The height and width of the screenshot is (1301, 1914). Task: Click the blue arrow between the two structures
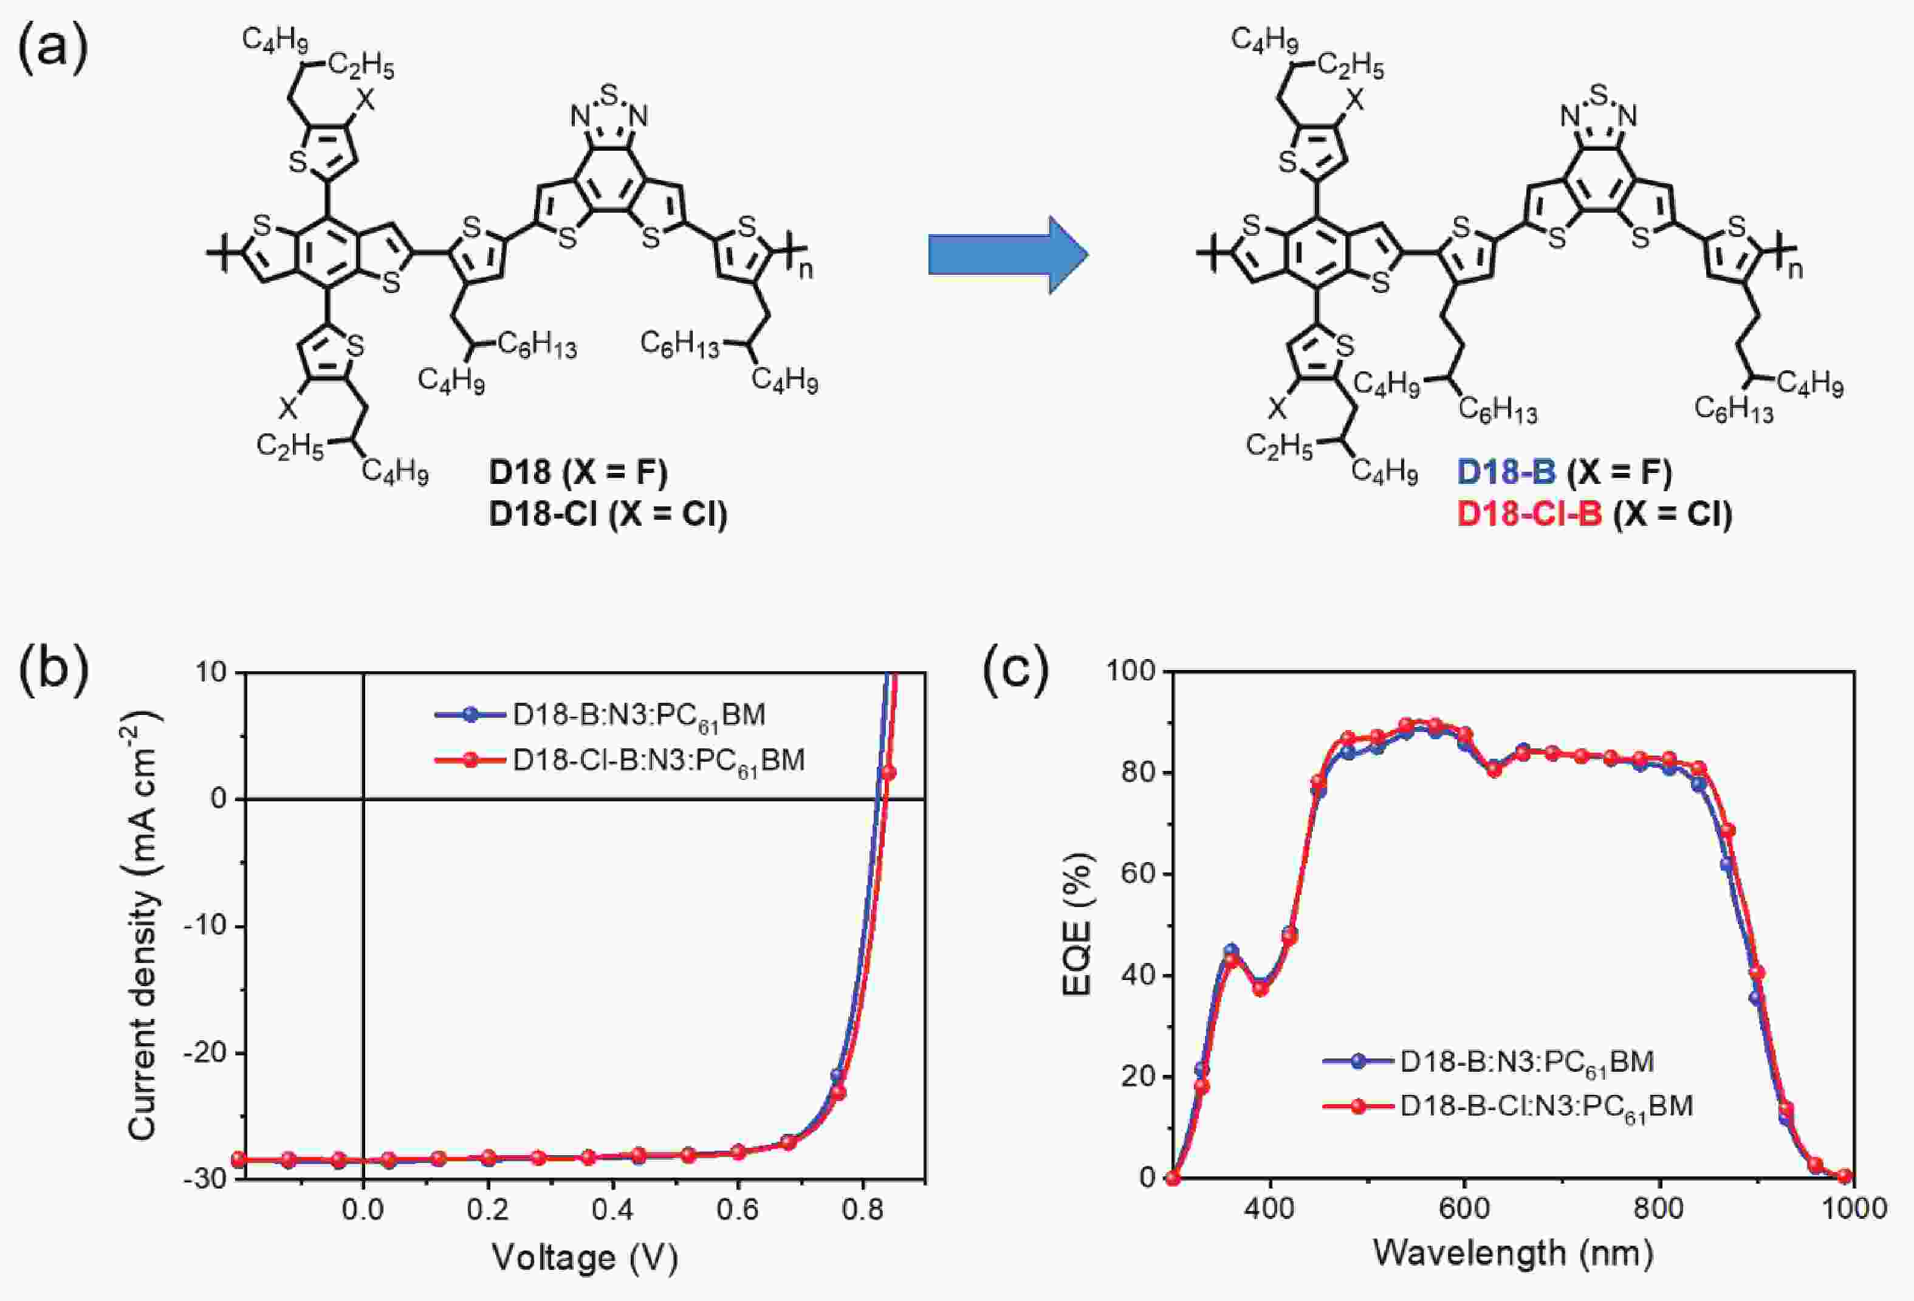coord(1008,255)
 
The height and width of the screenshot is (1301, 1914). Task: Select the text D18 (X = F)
coord(578,472)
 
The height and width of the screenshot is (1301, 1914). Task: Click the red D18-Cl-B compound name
coord(1529,514)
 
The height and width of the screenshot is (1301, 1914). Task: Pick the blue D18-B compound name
coord(1506,472)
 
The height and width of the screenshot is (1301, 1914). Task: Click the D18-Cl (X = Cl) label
coord(608,514)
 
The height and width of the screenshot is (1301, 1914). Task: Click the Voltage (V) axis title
coord(584,1257)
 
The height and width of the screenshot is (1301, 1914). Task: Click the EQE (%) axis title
coord(1077,925)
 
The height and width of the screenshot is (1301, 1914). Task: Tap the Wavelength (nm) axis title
coord(1513,1253)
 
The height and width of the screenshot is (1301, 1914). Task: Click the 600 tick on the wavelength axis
coord(1464,1209)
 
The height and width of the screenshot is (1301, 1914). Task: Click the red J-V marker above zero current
coord(888,773)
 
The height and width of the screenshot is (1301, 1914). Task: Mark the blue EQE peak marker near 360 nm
coord(1231,951)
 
